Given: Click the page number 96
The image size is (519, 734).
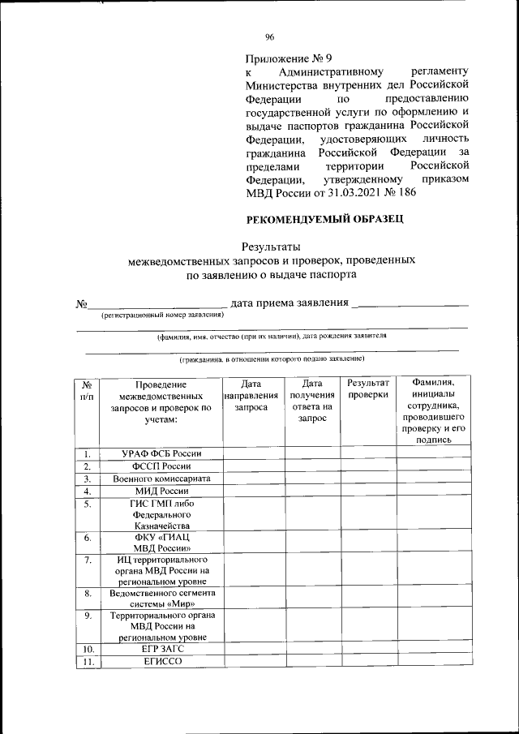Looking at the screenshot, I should point(270,36).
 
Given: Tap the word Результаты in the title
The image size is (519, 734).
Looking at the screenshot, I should point(272,247).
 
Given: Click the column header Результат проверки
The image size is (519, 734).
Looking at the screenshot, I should point(368,388).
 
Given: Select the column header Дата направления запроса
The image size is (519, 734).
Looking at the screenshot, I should point(251,396).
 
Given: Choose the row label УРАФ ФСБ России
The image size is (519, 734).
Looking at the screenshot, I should point(161,453).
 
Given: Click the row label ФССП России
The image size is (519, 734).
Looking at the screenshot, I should point(161,466).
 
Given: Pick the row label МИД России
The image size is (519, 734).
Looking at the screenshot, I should point(161,491).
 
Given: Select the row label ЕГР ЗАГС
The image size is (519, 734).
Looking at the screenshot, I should point(161,649).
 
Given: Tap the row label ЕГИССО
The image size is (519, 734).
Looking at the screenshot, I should point(161,662).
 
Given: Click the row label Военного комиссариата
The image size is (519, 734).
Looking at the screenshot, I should point(161,479).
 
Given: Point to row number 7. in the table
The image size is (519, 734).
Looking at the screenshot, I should point(87,560).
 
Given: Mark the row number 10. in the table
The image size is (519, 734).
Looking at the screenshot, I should point(87,649).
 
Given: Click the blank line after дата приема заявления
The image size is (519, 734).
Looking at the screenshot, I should point(413,304).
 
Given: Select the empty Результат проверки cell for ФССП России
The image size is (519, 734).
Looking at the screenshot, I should point(368,466).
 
